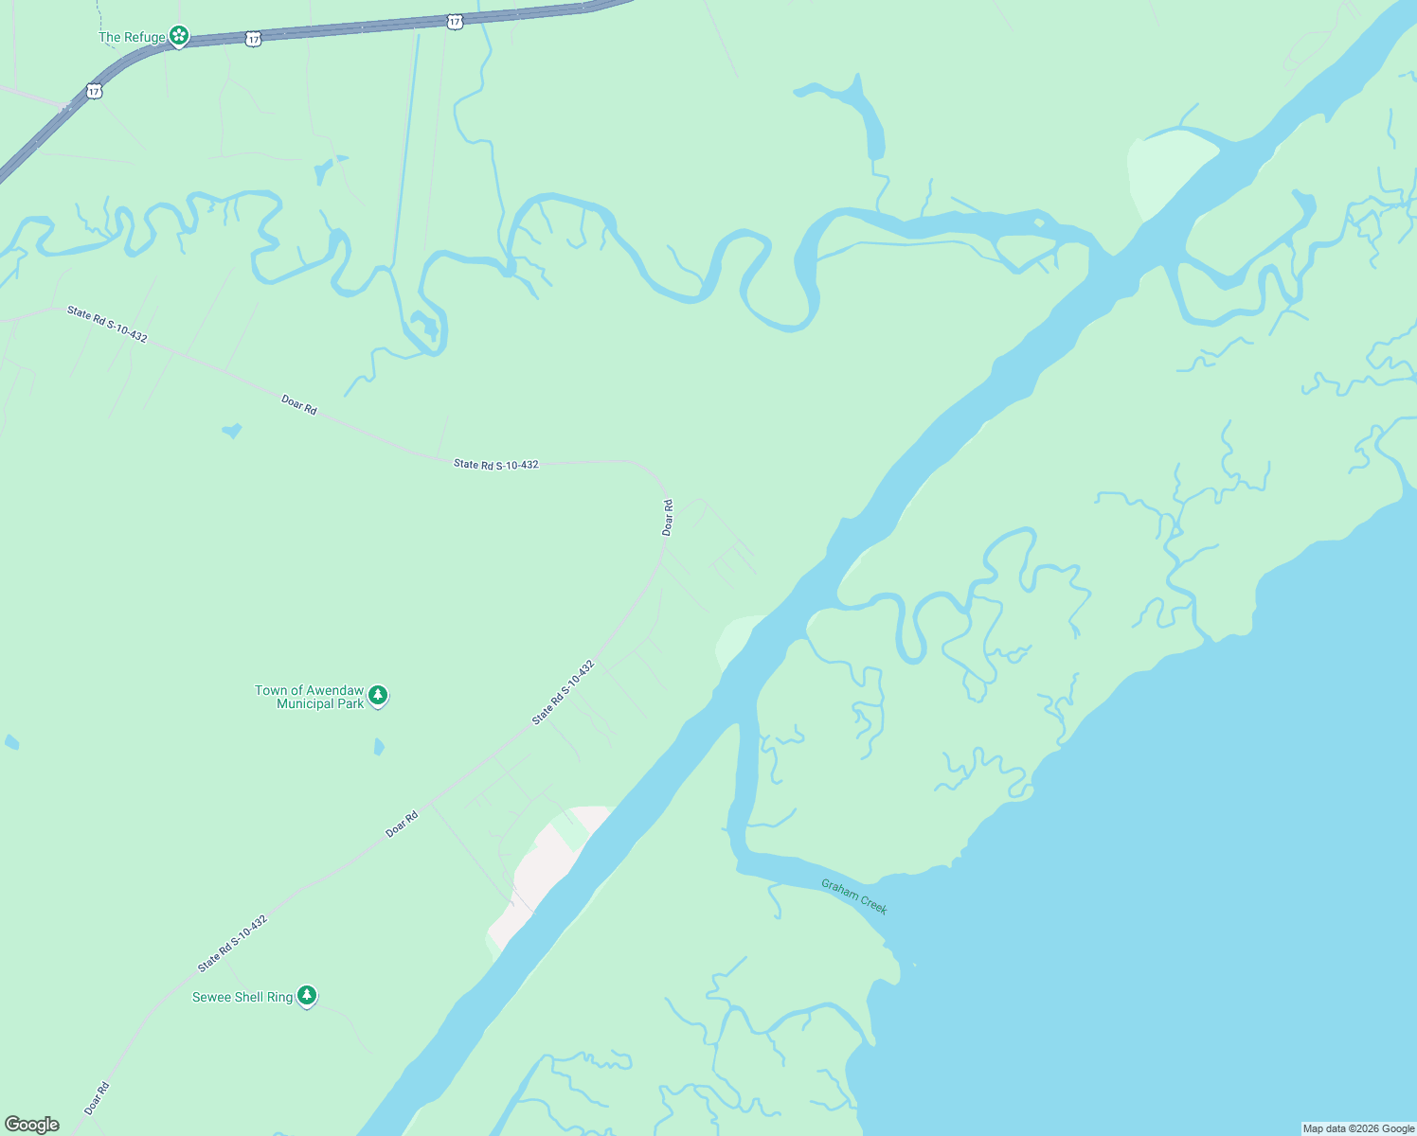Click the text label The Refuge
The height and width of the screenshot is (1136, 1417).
132,38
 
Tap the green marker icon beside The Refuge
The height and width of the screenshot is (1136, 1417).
178,37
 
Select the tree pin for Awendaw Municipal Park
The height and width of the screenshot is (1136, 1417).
378,696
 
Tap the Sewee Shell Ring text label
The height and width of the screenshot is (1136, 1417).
242,997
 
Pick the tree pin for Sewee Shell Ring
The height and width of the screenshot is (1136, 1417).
306,995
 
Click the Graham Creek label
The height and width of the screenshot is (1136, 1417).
854,896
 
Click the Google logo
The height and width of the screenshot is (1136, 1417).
32,1124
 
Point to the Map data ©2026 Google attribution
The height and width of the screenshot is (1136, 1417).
1358,1128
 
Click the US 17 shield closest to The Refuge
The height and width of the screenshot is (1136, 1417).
251,40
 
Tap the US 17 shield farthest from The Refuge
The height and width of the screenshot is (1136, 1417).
456,20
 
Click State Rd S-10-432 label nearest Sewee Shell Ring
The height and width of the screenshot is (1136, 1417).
232,943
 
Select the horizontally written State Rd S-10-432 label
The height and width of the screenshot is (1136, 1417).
495,464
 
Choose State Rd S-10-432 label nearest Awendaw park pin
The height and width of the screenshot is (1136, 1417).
563,693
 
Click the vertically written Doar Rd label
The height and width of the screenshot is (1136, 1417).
668,519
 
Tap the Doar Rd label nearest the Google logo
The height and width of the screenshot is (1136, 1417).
97,1098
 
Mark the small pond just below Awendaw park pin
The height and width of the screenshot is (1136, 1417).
379,747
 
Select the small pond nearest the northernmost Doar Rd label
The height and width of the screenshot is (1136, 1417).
232,431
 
